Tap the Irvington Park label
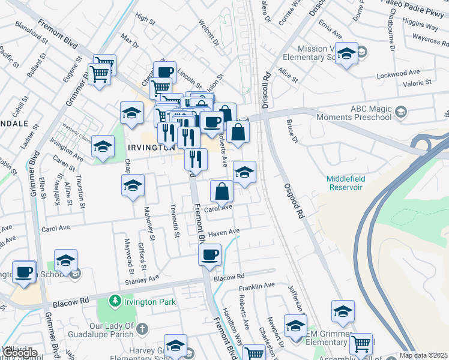pos(149,301)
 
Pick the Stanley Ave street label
pos(142,279)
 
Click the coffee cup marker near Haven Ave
pos(210,254)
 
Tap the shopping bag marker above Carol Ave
pos(222,191)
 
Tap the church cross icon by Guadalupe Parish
pos(142,328)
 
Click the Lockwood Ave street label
pos(396,76)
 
